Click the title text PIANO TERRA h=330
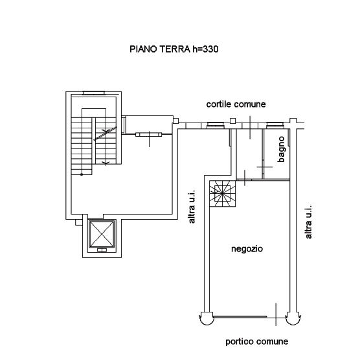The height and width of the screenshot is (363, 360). (x=174, y=49)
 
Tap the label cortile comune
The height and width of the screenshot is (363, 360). (x=236, y=104)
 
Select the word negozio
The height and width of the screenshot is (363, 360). (x=247, y=249)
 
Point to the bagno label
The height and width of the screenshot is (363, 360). (x=281, y=149)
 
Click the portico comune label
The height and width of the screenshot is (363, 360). (x=256, y=342)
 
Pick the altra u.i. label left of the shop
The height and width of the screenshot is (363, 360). (x=192, y=207)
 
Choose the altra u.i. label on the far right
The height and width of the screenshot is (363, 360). (x=308, y=222)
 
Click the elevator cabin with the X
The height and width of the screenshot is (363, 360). (x=102, y=234)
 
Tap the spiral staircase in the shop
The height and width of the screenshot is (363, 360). (x=223, y=194)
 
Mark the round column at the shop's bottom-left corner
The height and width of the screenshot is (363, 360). (x=207, y=318)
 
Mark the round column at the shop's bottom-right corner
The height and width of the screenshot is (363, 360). (x=293, y=318)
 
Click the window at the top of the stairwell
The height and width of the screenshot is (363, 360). (x=94, y=93)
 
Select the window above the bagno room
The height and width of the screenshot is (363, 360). (x=275, y=125)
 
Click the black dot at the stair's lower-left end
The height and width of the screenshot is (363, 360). (x=82, y=174)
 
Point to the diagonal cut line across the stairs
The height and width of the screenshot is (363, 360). (x=105, y=134)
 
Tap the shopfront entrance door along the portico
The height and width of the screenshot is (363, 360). (x=240, y=316)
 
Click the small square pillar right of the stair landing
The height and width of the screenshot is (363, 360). (x=175, y=121)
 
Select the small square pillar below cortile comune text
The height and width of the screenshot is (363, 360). (x=233, y=121)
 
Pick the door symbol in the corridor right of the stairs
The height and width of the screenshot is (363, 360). (x=149, y=135)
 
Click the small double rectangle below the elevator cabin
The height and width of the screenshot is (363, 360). (x=102, y=250)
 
